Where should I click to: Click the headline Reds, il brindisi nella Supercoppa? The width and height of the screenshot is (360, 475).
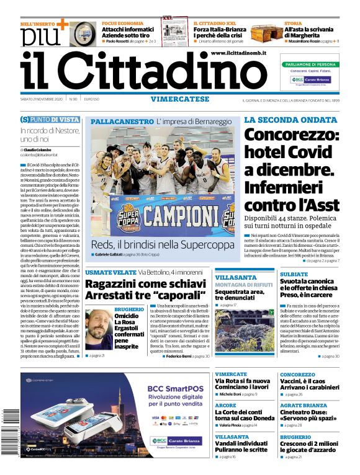point(161,244)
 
